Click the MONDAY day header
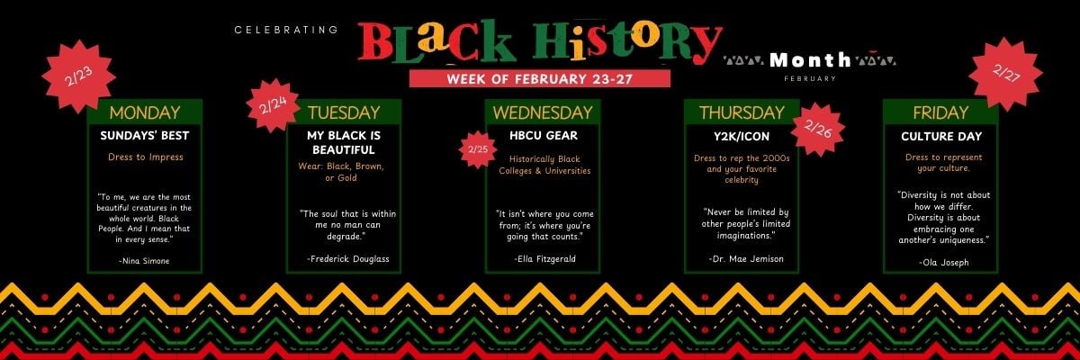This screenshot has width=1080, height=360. [144, 112]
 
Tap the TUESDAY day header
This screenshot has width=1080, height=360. [344, 112]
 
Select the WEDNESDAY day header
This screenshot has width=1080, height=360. [543, 112]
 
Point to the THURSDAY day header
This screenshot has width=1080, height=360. [742, 112]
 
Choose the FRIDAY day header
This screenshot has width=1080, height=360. [940, 112]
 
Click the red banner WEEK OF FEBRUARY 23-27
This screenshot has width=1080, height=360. [540, 78]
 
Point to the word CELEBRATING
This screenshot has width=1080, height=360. [286, 30]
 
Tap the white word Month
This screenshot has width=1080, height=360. [810, 60]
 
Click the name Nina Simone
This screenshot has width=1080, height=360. [144, 260]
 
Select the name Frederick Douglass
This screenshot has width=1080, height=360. [347, 258]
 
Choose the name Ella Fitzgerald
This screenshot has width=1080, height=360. [544, 258]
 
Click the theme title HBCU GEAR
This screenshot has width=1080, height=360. [544, 136]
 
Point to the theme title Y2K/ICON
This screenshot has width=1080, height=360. [741, 136]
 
